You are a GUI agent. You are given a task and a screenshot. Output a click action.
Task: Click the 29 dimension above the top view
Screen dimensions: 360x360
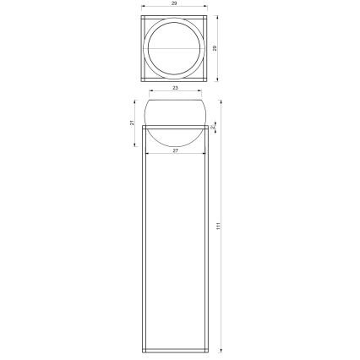pos(173,6)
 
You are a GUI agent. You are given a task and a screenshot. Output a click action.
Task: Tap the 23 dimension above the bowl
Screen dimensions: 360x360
pos(175,86)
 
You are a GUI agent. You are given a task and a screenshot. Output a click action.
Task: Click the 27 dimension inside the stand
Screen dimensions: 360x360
pos(175,150)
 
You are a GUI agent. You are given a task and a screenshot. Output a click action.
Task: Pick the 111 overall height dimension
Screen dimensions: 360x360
pos(217,226)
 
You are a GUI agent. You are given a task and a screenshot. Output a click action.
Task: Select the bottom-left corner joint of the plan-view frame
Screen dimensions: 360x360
pos(144,77)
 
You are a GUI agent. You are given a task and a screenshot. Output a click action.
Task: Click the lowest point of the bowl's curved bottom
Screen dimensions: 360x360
pos(175,146)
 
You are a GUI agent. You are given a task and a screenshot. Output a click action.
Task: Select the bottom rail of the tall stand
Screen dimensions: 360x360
pos(175,348)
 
